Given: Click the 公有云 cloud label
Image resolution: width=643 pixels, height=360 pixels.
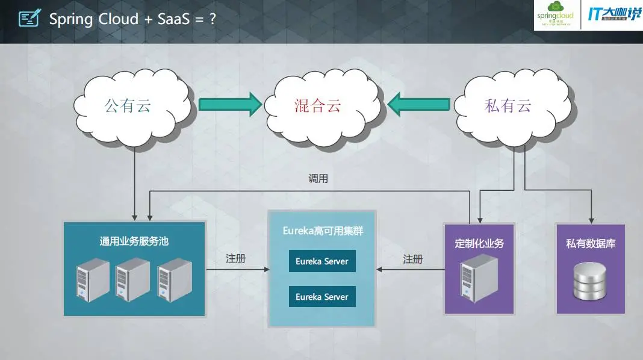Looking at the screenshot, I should pos(128,107).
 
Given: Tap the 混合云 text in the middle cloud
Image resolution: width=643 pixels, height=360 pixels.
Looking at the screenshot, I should pos(318,107).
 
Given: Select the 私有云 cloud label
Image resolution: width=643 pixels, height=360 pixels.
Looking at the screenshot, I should pos(508,107).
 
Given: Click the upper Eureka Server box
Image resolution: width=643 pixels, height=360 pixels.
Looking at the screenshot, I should pos(322,261).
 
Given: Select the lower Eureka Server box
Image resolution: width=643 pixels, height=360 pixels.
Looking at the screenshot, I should pos(322,297).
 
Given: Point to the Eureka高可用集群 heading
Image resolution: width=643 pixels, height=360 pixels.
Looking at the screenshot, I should pos(323,231).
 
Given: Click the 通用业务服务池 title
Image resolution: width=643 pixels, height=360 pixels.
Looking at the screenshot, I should pos(134,241).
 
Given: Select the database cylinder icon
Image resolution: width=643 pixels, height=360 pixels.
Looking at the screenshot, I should pos(591,281).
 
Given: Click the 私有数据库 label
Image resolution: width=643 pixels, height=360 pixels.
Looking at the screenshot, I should pos(591,244).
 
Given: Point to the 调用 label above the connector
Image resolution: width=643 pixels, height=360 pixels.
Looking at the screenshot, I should pos(318,179).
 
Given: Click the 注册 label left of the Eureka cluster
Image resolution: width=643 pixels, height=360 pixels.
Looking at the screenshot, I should pos(236,259).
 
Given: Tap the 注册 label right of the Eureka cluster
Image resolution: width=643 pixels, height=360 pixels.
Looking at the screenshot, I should pos(413,259).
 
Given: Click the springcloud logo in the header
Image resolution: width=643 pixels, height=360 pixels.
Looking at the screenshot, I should pos(555,15).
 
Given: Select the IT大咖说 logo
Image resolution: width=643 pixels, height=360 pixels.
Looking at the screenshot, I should pos(613,15).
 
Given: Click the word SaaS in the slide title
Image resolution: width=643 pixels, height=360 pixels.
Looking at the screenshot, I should pos(175,19).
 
